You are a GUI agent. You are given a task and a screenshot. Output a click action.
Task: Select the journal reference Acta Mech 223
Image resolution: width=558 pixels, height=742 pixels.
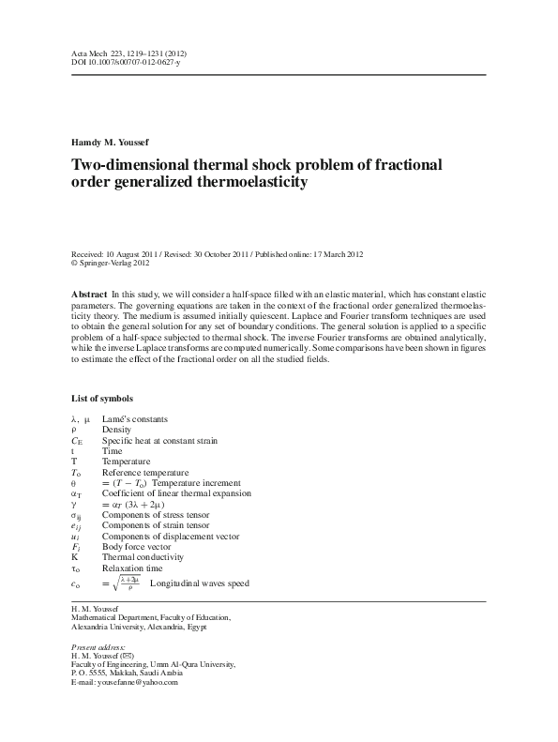coord(102,53)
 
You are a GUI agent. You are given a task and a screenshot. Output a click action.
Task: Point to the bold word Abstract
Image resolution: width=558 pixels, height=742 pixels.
coord(89,294)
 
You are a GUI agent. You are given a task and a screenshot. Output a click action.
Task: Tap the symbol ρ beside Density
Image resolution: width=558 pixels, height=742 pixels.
coord(74,430)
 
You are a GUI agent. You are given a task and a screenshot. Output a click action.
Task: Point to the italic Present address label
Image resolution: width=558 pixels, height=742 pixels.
coord(98,648)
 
